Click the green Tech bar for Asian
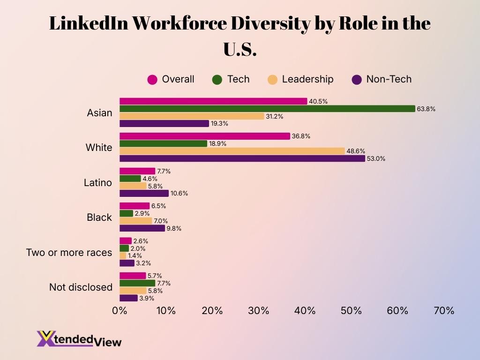click(x=267, y=109)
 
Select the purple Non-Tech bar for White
click(x=242, y=158)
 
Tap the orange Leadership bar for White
click(x=232, y=151)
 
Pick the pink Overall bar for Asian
click(x=213, y=101)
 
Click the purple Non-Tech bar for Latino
click(x=144, y=193)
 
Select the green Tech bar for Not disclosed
click(x=137, y=283)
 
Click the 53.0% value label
click(x=376, y=158)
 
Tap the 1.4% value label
click(x=135, y=256)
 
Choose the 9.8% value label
click(x=174, y=229)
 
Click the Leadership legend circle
click(x=273, y=80)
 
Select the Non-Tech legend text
click(x=389, y=79)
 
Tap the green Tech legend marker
click(x=217, y=80)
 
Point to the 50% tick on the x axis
click(x=351, y=311)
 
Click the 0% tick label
click(x=120, y=311)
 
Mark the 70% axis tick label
click(x=444, y=311)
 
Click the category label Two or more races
click(x=69, y=252)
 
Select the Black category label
click(x=99, y=217)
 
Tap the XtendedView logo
click(x=79, y=339)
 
